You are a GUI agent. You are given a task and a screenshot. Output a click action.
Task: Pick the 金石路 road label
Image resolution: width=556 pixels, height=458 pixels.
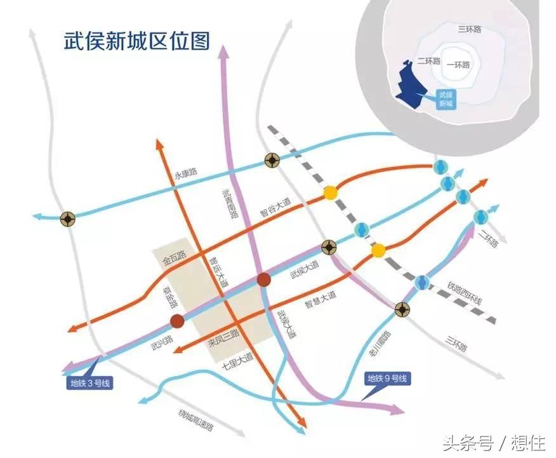click(173, 259)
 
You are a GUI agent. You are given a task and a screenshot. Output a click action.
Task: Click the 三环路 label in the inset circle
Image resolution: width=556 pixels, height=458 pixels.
click(470, 29)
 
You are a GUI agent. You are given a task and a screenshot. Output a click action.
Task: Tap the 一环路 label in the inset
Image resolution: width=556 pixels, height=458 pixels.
click(458, 64)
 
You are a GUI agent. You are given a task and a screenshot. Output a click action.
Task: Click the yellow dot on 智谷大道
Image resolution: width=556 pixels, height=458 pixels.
click(330, 192)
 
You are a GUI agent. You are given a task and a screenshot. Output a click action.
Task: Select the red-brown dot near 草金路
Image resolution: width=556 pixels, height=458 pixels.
click(177, 321)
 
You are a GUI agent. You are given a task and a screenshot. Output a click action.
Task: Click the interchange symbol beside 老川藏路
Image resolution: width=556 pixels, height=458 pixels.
click(402, 310)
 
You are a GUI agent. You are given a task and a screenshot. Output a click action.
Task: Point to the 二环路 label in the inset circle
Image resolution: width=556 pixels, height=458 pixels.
click(429, 61)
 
